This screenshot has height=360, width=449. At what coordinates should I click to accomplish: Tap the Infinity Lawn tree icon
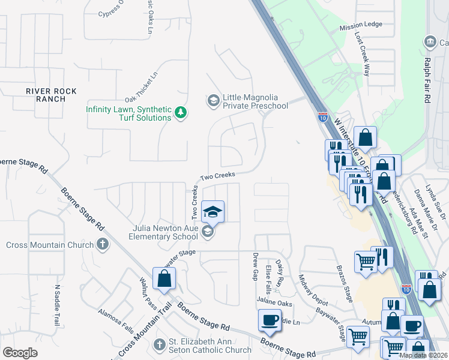point(179,112)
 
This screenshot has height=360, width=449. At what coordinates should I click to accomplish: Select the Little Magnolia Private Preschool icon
point(212,100)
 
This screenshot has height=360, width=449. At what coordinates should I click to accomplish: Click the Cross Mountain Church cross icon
point(103,244)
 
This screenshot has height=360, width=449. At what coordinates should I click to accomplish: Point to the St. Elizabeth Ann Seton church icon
point(159,344)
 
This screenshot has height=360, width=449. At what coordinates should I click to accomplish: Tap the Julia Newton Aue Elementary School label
point(163,232)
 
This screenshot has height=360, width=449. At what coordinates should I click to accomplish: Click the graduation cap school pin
point(212,211)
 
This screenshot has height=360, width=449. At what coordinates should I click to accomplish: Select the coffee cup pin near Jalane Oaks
point(270,319)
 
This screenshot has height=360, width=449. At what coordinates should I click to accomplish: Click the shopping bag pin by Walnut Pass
point(164,279)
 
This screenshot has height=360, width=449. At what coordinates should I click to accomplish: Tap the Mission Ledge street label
point(360,25)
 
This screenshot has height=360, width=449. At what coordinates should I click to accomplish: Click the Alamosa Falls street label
point(116,321)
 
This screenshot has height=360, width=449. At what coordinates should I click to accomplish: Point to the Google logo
point(20,352)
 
